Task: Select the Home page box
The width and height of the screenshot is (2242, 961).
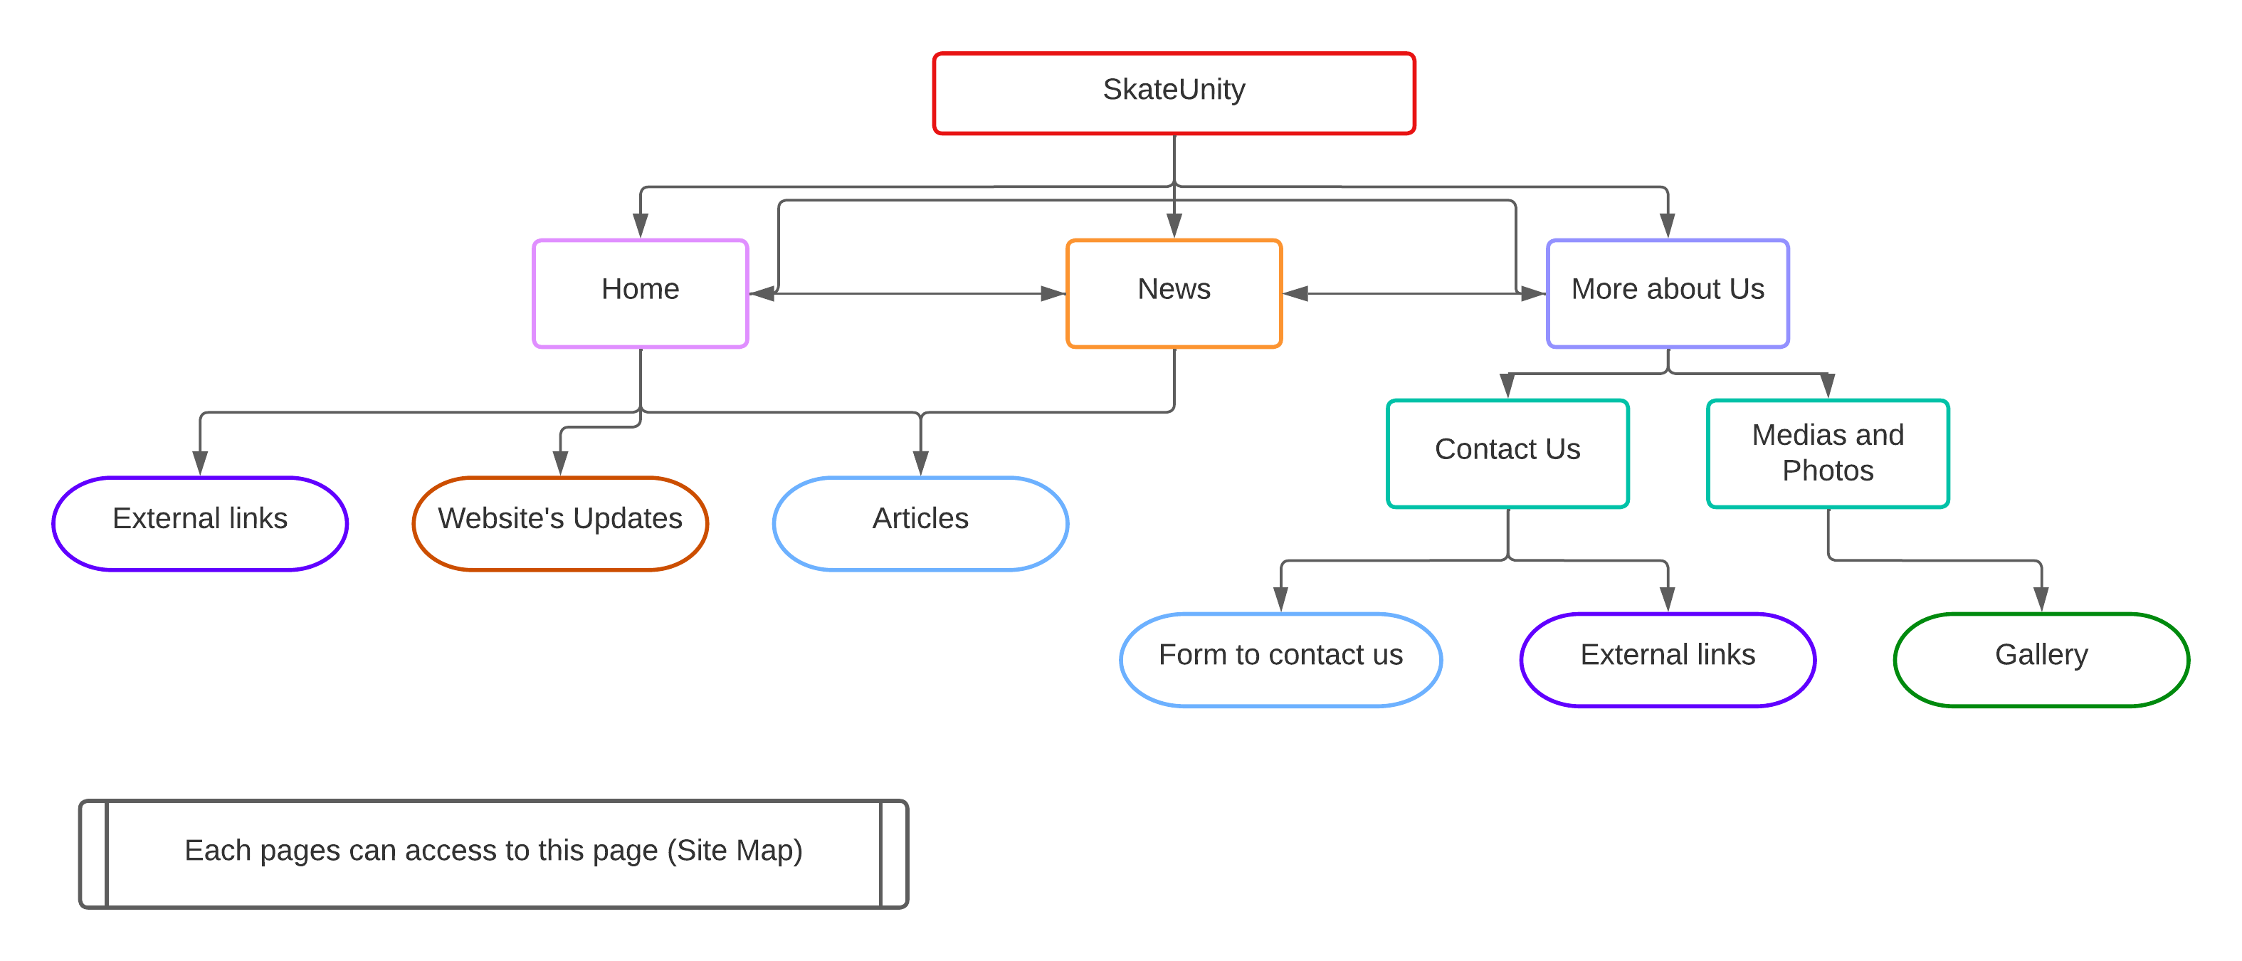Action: coord(641,293)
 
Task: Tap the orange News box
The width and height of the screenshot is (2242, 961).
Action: coord(1174,293)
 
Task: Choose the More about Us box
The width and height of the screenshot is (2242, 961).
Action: coord(1668,293)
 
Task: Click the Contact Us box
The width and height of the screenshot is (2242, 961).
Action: coord(1507,453)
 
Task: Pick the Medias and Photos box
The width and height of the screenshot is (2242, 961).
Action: coord(1828,453)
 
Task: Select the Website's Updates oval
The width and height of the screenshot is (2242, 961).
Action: coord(561,523)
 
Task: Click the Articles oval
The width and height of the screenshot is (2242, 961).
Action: coord(921,523)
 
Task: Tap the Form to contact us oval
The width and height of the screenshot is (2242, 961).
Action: coord(1280,660)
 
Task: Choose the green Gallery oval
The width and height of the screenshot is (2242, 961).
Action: coord(2041,660)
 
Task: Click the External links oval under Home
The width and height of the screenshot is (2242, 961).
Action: coord(200,523)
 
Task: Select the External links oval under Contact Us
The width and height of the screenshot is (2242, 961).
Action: coord(1668,660)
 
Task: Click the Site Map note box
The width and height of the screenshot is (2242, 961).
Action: coord(493,854)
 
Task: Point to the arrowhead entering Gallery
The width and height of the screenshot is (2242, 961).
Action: coord(2041,600)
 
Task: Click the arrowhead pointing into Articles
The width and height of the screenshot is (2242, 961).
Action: coord(921,463)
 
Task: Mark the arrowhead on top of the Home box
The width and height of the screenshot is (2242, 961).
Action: coord(641,226)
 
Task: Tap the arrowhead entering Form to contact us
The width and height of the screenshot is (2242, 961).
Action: coord(1280,600)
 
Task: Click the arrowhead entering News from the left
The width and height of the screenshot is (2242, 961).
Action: coord(1054,293)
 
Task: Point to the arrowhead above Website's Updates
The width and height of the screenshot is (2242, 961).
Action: coord(561,463)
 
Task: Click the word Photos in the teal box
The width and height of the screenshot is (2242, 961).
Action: coord(1828,471)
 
